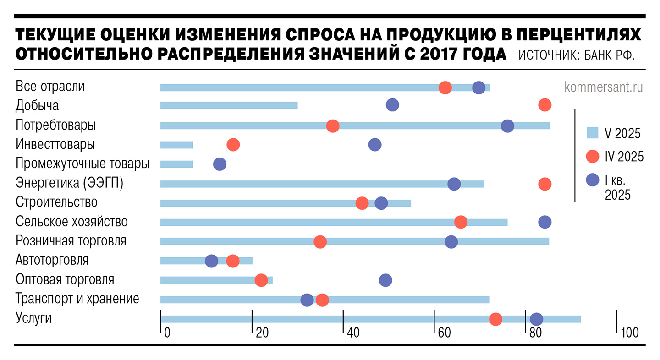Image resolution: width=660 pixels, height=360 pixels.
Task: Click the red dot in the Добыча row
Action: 544,105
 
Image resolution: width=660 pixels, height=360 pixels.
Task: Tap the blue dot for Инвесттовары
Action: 375,145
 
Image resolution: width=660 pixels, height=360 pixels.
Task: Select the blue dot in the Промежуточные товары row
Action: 220,164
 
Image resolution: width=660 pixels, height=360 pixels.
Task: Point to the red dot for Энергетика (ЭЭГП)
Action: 544,184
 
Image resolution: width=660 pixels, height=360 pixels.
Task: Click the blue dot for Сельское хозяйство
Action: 544,222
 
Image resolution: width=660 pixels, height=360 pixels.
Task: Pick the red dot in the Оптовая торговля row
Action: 261,280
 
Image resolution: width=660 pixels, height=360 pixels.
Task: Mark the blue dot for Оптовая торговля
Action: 385,280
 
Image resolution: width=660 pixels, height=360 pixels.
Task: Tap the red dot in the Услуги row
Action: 495,319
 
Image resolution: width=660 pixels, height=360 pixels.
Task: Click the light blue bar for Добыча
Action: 229,105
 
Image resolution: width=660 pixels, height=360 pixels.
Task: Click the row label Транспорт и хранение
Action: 77,299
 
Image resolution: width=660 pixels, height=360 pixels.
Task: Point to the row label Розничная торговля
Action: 71,240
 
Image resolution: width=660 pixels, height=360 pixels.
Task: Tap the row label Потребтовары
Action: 56,125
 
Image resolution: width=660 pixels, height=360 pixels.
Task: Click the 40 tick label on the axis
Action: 353,333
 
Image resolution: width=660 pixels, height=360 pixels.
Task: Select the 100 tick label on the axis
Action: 630,333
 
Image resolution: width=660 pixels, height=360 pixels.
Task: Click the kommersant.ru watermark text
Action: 604,87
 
